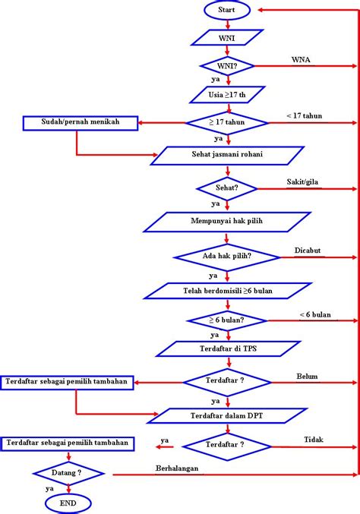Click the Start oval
(x=227, y=11)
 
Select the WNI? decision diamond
(x=227, y=67)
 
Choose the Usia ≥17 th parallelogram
(x=227, y=95)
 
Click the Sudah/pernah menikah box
(x=81, y=121)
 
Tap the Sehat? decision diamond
(x=227, y=187)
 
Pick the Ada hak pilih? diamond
(x=227, y=257)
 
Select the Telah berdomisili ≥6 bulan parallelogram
(x=227, y=291)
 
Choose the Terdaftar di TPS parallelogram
(x=227, y=348)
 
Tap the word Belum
(x=307, y=375)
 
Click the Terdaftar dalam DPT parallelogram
(x=227, y=415)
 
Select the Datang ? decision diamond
(x=68, y=472)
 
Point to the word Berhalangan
(x=177, y=468)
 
